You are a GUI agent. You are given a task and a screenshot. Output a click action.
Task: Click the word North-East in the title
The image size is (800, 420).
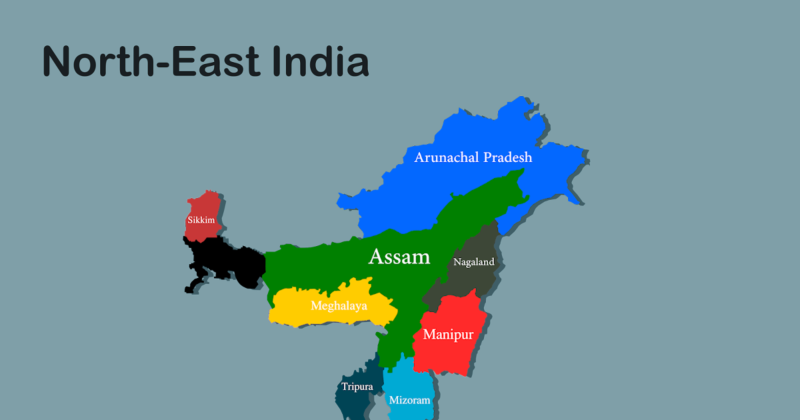[x=151, y=61]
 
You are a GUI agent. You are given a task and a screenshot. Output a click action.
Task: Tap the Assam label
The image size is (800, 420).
[x=399, y=257]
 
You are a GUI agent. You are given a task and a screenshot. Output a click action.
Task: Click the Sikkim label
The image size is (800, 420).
[x=201, y=219]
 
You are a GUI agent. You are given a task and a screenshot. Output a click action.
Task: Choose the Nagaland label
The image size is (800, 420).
[x=474, y=262]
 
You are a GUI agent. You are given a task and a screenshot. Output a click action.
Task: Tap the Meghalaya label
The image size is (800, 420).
[x=339, y=306]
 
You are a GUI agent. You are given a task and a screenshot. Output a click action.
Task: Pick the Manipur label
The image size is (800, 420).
[x=448, y=335]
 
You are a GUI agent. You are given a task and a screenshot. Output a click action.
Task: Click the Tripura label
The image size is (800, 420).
[x=357, y=387]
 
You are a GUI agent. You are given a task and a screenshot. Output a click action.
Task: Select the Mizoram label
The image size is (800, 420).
[x=410, y=401]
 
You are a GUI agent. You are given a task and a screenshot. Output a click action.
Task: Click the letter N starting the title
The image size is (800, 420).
[x=57, y=61]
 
